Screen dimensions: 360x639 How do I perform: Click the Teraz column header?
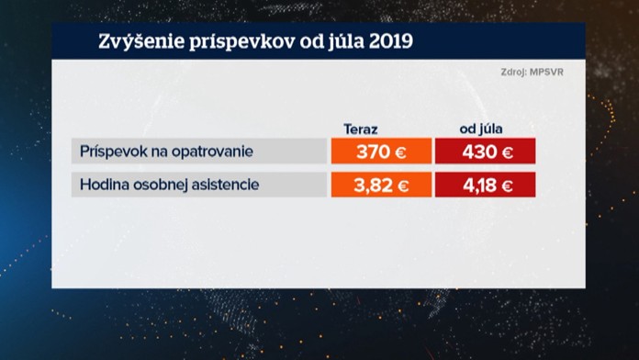pos(361,129)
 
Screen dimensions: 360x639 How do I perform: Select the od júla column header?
pos(485,129)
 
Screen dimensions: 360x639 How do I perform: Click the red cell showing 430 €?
pos(485,151)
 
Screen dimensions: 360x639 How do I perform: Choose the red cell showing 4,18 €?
pos(485,185)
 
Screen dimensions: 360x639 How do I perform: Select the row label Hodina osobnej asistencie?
pos(170,185)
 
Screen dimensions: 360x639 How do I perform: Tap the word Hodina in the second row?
pos(104,185)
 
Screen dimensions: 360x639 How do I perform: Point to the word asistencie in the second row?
pos(225,185)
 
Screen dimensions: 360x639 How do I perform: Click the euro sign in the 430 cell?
pos(506,151)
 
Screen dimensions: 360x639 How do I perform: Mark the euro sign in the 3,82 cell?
pos(402,185)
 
